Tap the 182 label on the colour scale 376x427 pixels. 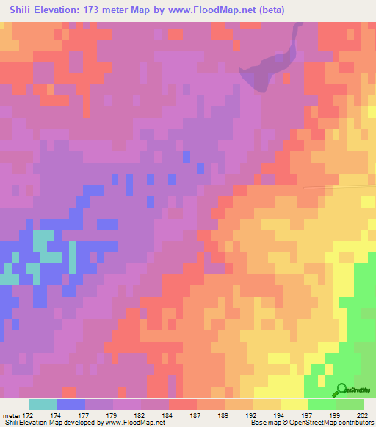pyautogui.click(x=141, y=415)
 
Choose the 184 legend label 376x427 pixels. pyautogui.click(x=169, y=415)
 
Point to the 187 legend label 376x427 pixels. pyautogui.click(x=197, y=415)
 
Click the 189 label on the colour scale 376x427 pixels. pyautogui.click(x=225, y=415)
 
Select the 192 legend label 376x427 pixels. pyautogui.click(x=253, y=415)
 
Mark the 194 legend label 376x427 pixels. pyautogui.click(x=281, y=415)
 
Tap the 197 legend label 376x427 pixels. pyautogui.click(x=308, y=415)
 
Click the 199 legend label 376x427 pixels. pyautogui.click(x=336, y=415)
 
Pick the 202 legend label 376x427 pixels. pyautogui.click(x=363, y=415)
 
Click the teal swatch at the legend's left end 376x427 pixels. pyautogui.click(x=43, y=404)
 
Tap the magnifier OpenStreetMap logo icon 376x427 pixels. pyautogui.click(x=341, y=390)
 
